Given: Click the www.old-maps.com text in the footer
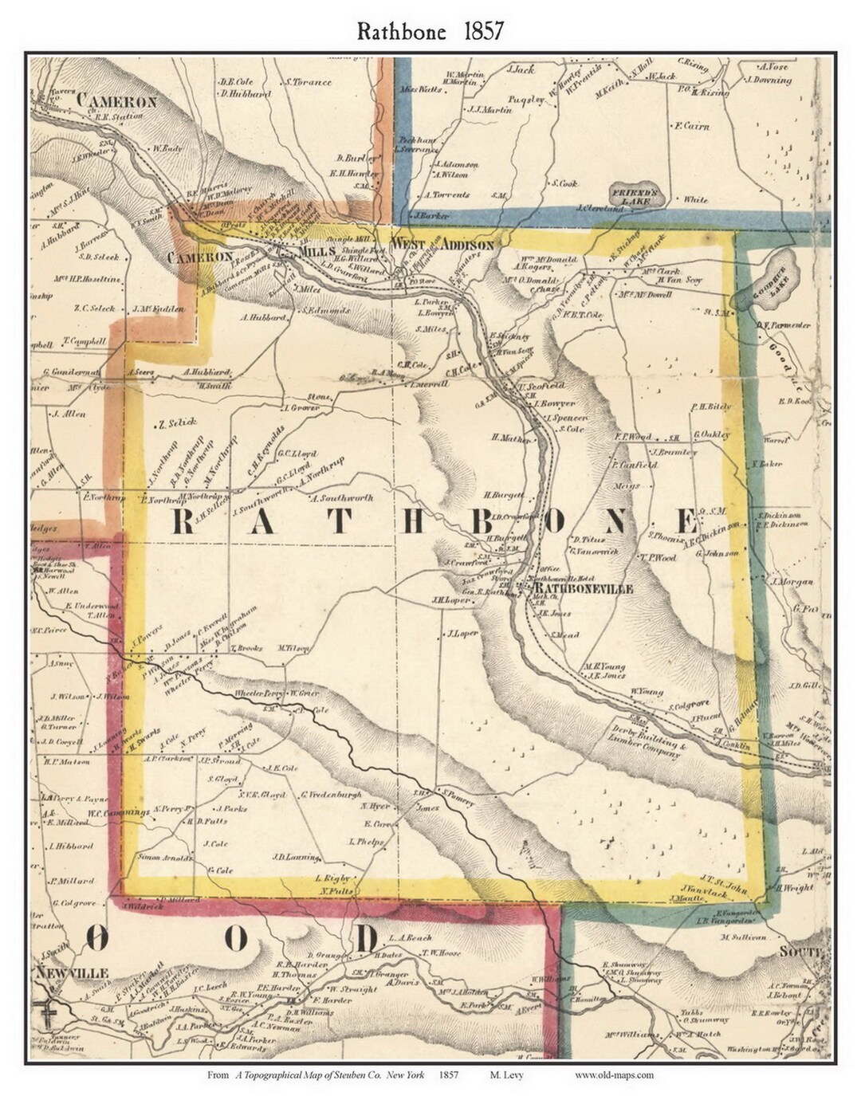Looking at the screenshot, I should click(614, 1074).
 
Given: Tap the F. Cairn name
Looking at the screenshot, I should click(691, 126).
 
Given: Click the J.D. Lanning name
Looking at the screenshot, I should click(296, 858).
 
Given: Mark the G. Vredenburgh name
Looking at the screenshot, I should click(332, 795).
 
